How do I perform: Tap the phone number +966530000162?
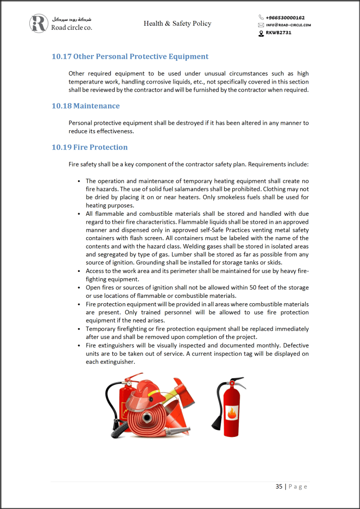(285, 17)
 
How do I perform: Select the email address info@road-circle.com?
(288, 25)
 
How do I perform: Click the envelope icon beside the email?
(261, 25)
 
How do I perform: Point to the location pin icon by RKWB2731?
(261, 33)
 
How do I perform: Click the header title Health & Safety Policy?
(178, 23)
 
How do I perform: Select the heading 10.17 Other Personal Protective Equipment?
(130, 57)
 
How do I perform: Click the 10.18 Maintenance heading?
(86, 106)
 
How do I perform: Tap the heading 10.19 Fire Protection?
(90, 147)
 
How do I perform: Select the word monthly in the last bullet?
(250, 346)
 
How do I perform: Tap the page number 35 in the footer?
(279, 486)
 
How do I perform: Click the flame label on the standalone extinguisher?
(232, 413)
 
